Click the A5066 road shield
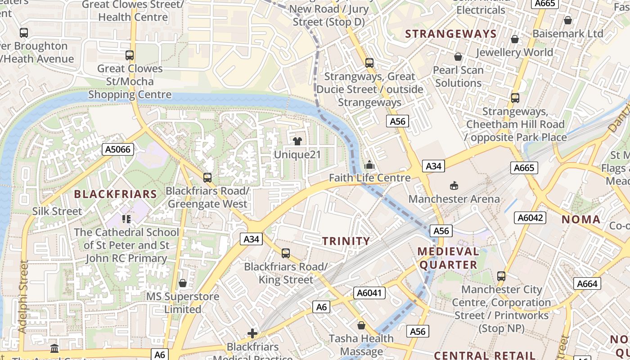pyautogui.click(x=119, y=149)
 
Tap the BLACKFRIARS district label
pyautogui.click(x=115, y=194)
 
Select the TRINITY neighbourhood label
pyautogui.click(x=346, y=241)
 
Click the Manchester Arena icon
pyautogui.click(x=454, y=185)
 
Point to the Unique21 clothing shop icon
pyautogui.click(x=297, y=141)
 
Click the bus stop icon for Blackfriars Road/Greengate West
pyautogui.click(x=207, y=178)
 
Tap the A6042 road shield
pyautogui.click(x=530, y=218)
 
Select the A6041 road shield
pyautogui.click(x=369, y=293)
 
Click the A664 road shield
pyautogui.click(x=587, y=283)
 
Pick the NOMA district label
pyautogui.click(x=581, y=220)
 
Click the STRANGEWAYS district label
pyautogui.click(x=451, y=34)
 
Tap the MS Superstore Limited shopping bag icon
pyautogui.click(x=182, y=283)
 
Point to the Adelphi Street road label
pyautogui.click(x=23, y=297)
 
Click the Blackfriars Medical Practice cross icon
pyautogui.click(x=252, y=333)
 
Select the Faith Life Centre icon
pyautogui.click(x=369, y=165)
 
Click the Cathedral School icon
pyautogui.click(x=126, y=219)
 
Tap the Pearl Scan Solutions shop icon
pyautogui.click(x=458, y=57)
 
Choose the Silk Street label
pyautogui.click(x=57, y=211)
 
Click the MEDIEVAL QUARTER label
pyautogui.click(x=448, y=258)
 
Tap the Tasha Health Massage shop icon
pyautogui.click(x=361, y=325)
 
